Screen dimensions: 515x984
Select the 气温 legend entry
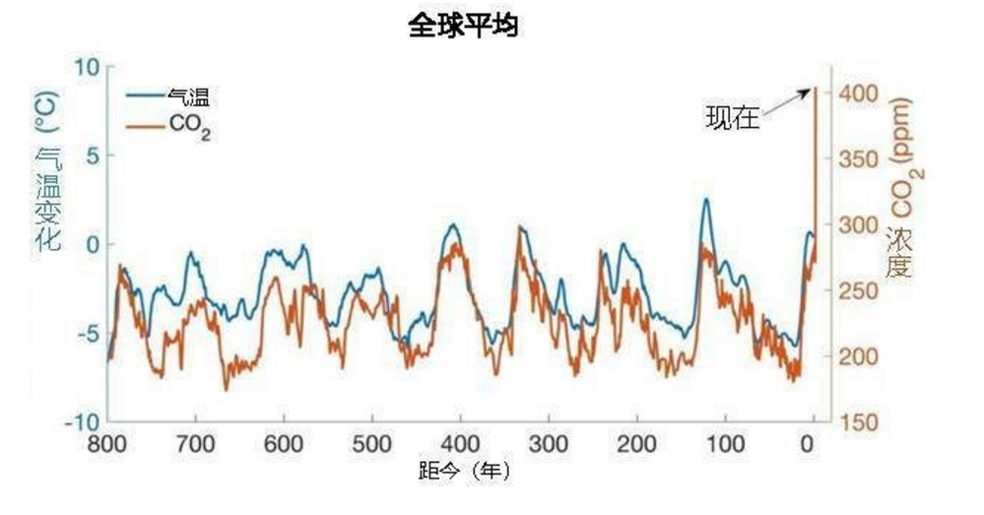tap(188, 97)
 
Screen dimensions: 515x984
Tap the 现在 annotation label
tap(732, 118)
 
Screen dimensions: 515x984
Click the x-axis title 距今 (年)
tap(461, 472)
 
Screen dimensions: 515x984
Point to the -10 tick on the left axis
tap(83, 421)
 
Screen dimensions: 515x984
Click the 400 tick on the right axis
tap(857, 94)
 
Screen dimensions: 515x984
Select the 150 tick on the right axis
tap(857, 421)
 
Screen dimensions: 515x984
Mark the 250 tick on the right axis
tap(857, 290)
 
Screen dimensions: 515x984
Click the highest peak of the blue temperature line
tap(705, 200)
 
